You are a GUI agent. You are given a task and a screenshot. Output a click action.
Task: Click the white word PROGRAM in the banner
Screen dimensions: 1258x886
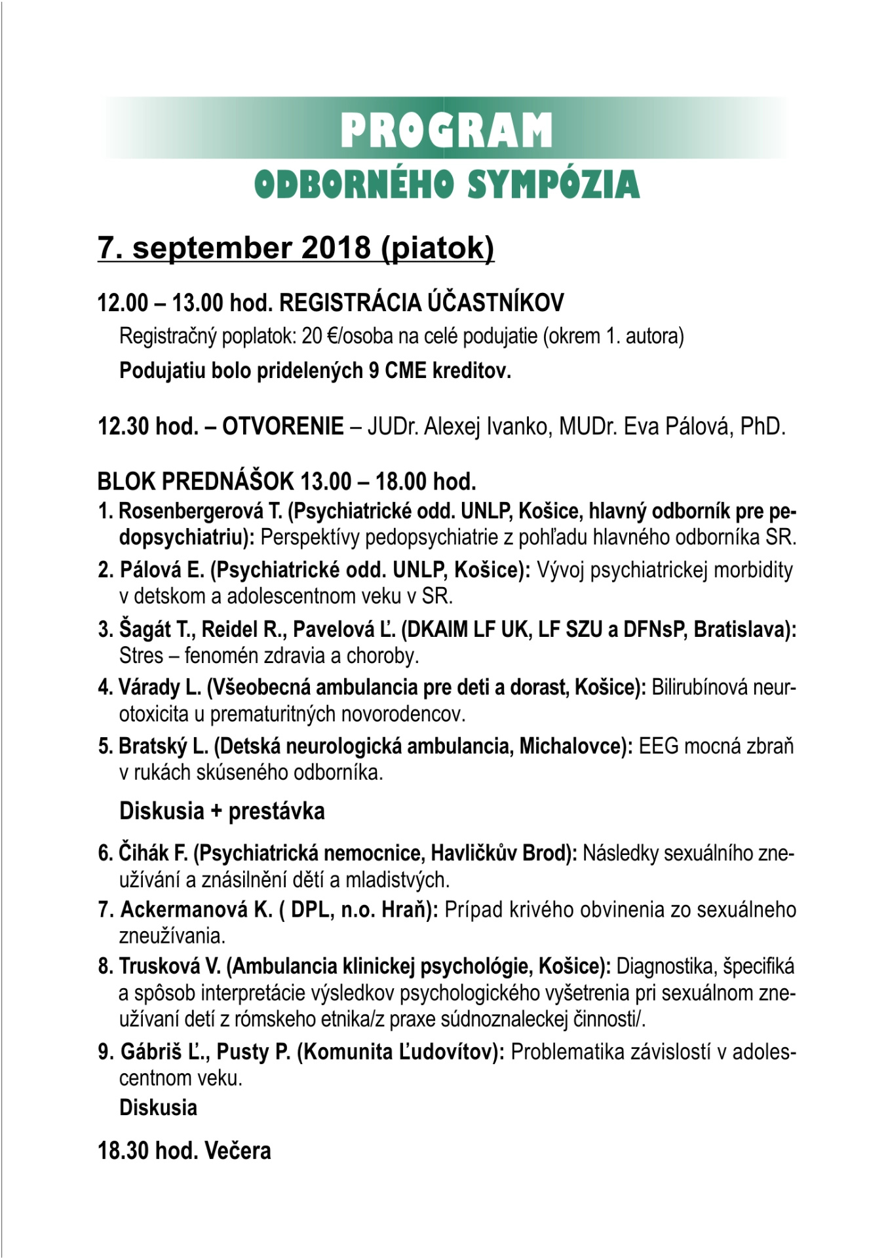[446, 130]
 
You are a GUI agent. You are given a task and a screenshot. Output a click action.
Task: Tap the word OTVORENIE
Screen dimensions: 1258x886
[283, 427]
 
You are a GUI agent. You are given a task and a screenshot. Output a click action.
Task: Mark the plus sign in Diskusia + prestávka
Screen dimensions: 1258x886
[216, 812]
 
